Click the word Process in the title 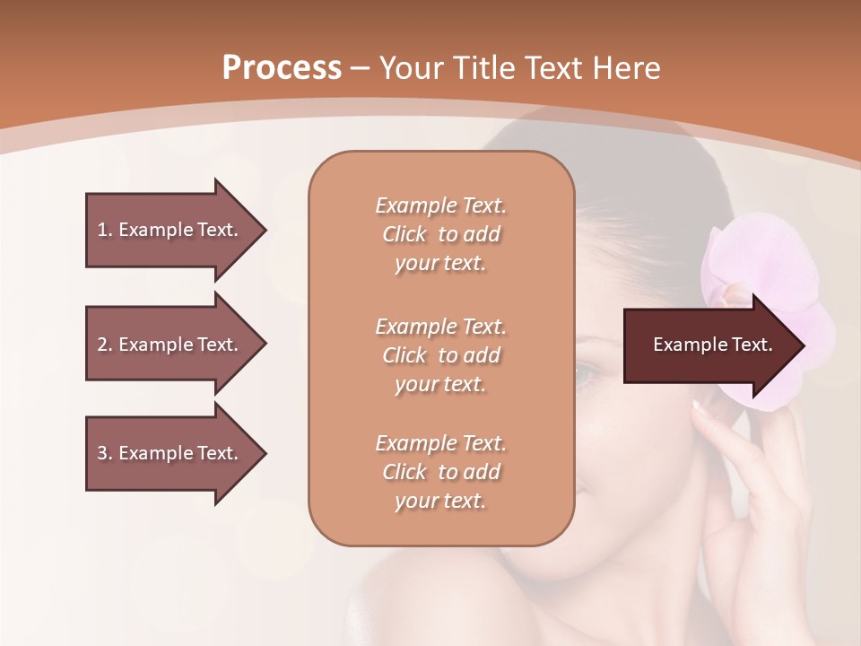tap(282, 68)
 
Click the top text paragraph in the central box tap(440, 234)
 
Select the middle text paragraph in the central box tap(440, 355)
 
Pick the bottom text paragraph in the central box tap(440, 472)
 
